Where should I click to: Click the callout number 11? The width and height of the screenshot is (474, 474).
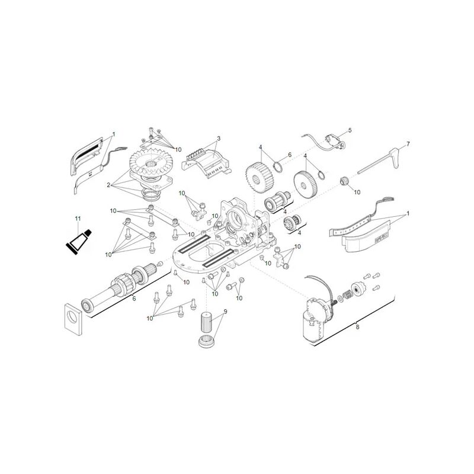coord(77,220)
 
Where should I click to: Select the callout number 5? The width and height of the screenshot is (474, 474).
coord(350,130)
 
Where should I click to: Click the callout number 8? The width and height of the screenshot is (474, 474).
coord(357,325)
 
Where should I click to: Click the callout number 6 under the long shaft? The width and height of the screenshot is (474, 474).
coord(134,299)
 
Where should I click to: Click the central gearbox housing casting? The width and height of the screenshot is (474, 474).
coord(237,231)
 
